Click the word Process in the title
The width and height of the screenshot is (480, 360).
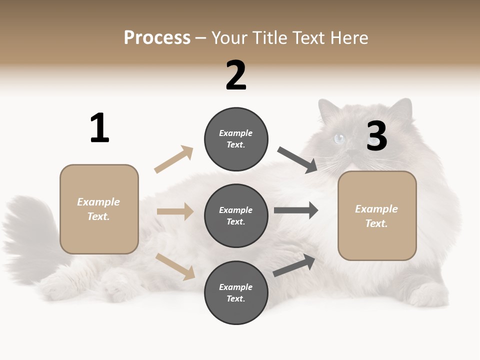click(x=157, y=38)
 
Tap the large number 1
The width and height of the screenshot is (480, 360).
click(x=99, y=128)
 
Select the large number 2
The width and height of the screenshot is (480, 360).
click(x=236, y=75)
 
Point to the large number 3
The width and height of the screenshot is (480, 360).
click(x=377, y=136)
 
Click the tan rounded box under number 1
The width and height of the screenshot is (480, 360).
click(x=99, y=209)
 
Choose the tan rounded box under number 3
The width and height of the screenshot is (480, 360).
click(x=377, y=215)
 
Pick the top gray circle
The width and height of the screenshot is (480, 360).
click(x=236, y=138)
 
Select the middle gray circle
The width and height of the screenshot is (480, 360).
click(x=236, y=215)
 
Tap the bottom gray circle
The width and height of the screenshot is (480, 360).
click(x=236, y=292)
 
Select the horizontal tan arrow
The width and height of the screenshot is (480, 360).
click(x=175, y=211)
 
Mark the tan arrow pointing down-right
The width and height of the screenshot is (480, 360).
click(x=175, y=266)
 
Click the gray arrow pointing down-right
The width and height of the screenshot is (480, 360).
click(x=297, y=160)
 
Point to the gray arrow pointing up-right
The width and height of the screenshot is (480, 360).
click(x=294, y=265)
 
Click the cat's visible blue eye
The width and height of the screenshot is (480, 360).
click(x=339, y=138)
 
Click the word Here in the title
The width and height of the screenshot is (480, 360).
click(x=350, y=38)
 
